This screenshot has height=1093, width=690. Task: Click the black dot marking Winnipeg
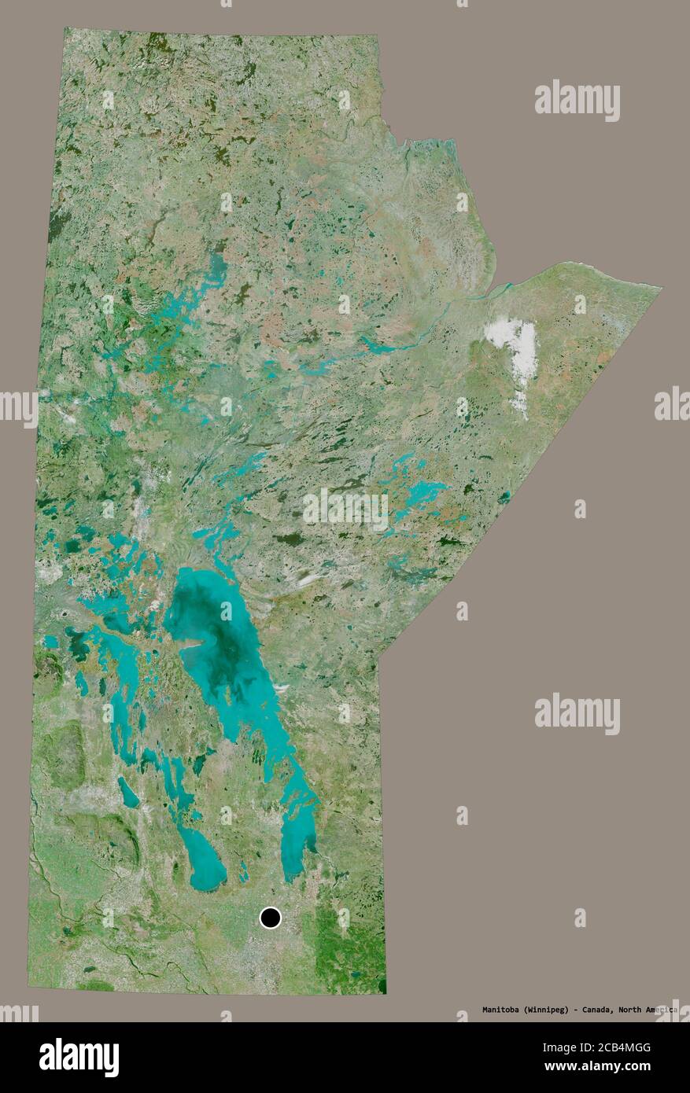click(x=270, y=917)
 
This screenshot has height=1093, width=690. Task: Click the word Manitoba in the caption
click(x=500, y=1010)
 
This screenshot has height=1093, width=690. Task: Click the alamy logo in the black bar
click(x=79, y=1057)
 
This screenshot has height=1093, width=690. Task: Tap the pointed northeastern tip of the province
click(x=658, y=289)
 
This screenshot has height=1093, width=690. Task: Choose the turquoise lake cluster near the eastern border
click(x=417, y=491)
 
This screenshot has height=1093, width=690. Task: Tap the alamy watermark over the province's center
click(x=345, y=510)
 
